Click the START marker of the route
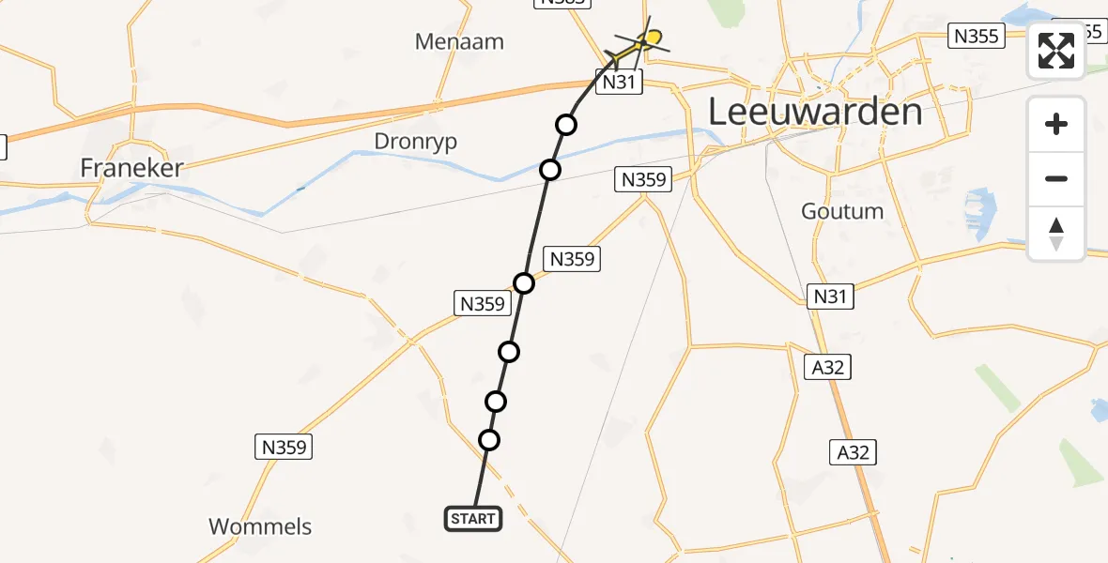[472, 519]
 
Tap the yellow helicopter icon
[643, 41]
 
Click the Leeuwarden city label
[814, 113]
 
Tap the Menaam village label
[459, 41]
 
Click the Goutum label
[842, 211]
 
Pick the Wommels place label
[260, 526]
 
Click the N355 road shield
[977, 36]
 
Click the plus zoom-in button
[1056, 124]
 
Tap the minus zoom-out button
[1056, 178]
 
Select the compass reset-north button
[1056, 234]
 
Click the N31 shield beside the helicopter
[619, 82]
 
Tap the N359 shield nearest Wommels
[284, 447]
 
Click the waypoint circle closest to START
[488, 439]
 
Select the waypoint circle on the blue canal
[550, 170]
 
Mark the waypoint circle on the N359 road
[524, 283]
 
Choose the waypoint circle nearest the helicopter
[565, 124]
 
